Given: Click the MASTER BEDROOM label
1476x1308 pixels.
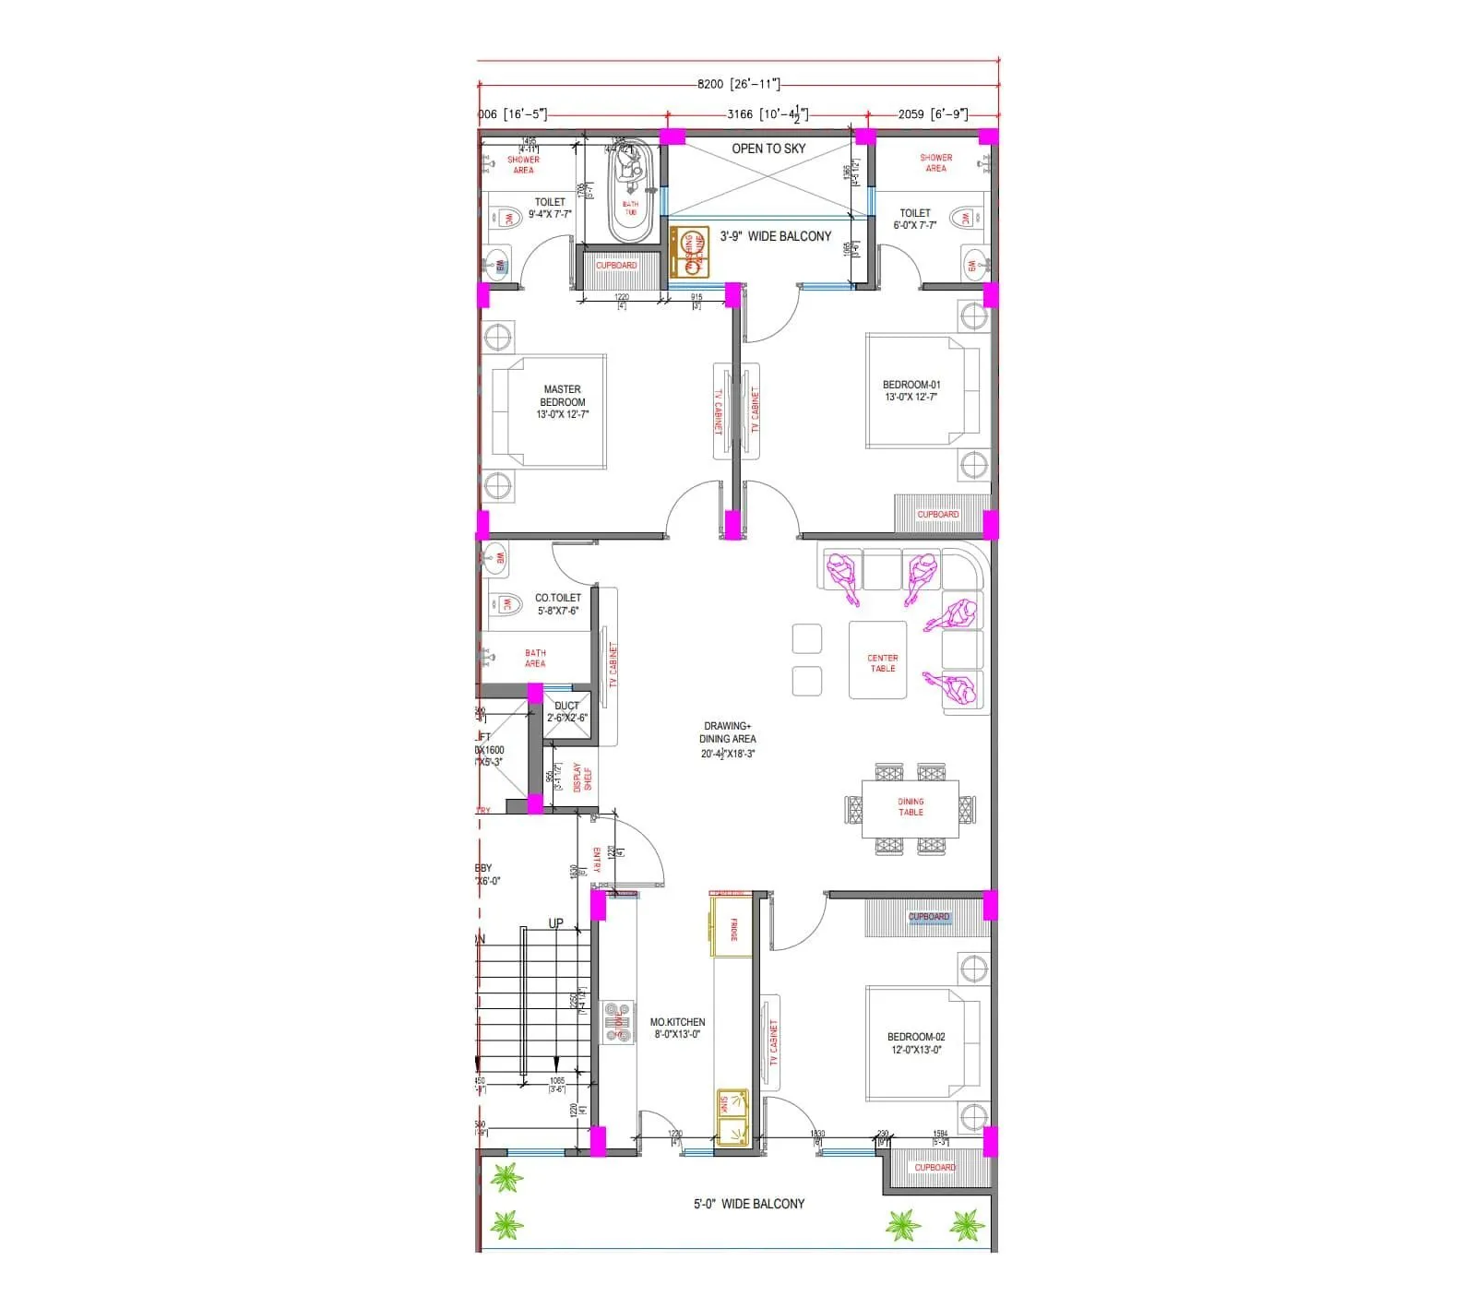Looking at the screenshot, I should [562, 401].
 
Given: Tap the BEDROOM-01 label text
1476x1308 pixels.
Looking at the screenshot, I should [911, 390].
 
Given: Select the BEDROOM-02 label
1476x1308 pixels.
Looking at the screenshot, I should [915, 1042].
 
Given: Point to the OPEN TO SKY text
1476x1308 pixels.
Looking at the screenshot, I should [768, 149].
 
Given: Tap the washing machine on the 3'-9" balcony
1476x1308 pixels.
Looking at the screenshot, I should [689, 253].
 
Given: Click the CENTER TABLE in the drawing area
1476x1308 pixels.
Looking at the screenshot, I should [882, 662].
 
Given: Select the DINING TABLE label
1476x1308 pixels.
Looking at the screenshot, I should [911, 807].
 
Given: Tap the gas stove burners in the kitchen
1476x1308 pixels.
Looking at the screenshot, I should [619, 1022].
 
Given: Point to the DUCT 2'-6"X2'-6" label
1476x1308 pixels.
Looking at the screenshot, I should [566, 711].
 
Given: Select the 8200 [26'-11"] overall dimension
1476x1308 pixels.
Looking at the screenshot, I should [738, 84].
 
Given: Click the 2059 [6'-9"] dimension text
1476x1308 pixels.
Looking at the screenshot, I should [932, 114].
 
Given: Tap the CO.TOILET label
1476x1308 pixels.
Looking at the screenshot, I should [557, 603].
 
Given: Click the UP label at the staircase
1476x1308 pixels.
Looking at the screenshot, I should [555, 923].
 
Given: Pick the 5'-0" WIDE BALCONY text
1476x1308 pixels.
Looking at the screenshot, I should [748, 1204].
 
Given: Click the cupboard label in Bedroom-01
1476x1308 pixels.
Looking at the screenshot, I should [937, 515].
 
